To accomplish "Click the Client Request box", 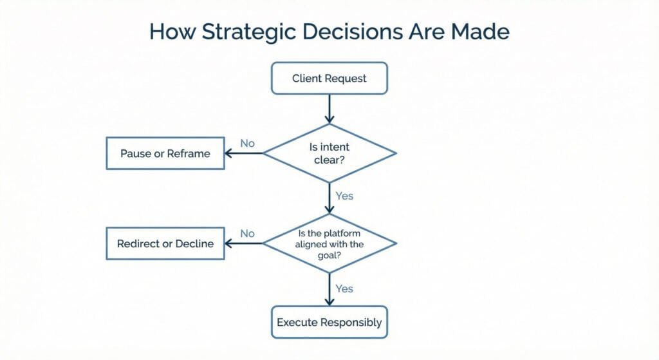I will coord(329,79).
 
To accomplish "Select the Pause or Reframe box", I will coord(165,153).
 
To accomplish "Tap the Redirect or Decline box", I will coord(165,243).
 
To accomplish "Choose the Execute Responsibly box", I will coord(329,322).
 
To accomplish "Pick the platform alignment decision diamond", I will coord(329,243).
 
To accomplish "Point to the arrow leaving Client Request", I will coord(329,108).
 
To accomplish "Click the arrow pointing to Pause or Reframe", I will coord(245,153).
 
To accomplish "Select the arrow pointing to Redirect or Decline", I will coord(244,243).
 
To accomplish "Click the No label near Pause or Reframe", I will coord(248,143).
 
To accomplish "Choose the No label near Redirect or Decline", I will coord(248,233).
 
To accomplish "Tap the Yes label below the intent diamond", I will coord(344,195).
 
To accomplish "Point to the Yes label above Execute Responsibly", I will coord(344,289).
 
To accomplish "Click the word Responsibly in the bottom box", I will coord(351,322).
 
